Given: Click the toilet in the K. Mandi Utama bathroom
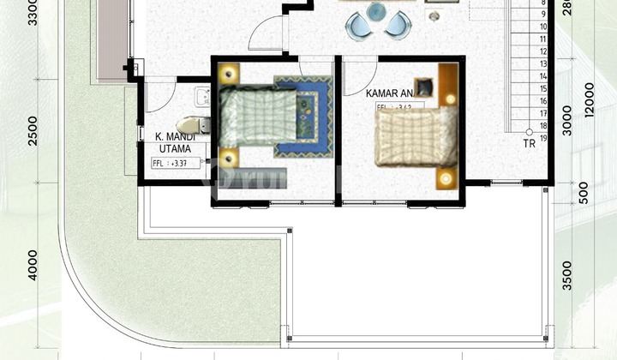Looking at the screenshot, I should [x=191, y=124].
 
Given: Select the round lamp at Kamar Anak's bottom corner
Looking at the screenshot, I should [x=445, y=178].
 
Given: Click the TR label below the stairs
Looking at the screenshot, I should [x=530, y=144].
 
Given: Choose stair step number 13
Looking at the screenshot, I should [x=543, y=63].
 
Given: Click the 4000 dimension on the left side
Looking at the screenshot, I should [x=32, y=265].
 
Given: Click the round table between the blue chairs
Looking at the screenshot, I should [x=375, y=12].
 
